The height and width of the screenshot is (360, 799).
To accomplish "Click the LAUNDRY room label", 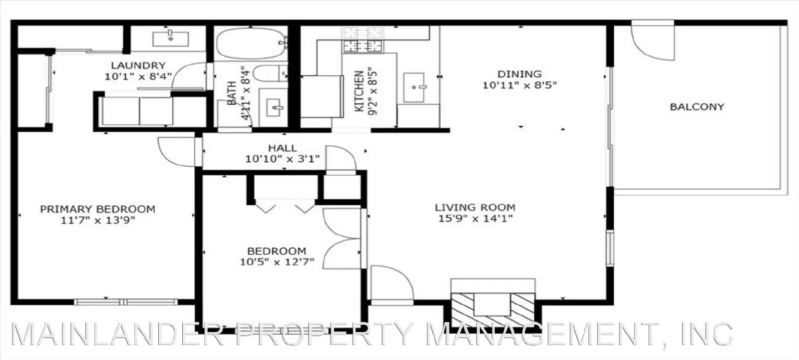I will [x=138, y=65].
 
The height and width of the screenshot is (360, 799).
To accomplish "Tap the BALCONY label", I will [x=697, y=107].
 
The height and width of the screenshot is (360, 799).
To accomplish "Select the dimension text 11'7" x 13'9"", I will [x=98, y=220].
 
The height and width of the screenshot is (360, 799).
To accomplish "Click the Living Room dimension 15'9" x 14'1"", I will [x=475, y=218].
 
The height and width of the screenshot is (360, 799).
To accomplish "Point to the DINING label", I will [x=519, y=74].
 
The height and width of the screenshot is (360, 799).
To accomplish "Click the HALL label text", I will [x=282, y=148].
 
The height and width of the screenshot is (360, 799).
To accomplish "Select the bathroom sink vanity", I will [x=274, y=106].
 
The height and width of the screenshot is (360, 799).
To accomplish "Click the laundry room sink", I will [x=170, y=37].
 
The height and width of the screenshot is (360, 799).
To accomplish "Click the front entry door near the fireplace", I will [x=392, y=285].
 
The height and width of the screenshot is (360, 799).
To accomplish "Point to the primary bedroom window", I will [x=125, y=302].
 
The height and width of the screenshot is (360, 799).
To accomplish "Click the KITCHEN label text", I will [x=359, y=91].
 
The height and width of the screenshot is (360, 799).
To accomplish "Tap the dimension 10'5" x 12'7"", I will [x=277, y=262].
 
